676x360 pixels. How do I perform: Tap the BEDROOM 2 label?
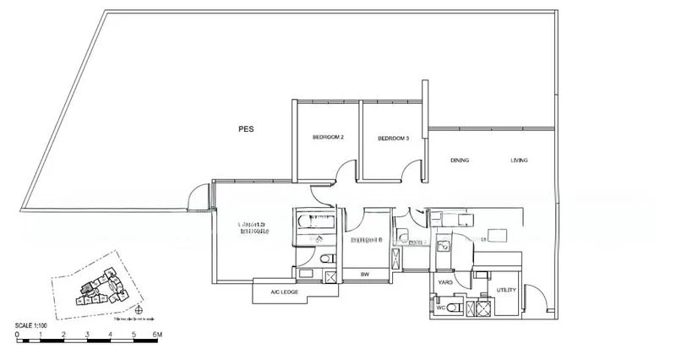[327, 138]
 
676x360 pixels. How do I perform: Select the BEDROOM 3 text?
[393, 138]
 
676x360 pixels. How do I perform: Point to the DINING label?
[460, 160]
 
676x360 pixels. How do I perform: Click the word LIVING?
[520, 160]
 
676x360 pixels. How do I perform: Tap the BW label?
[365, 275]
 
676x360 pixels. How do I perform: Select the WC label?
[440, 308]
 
